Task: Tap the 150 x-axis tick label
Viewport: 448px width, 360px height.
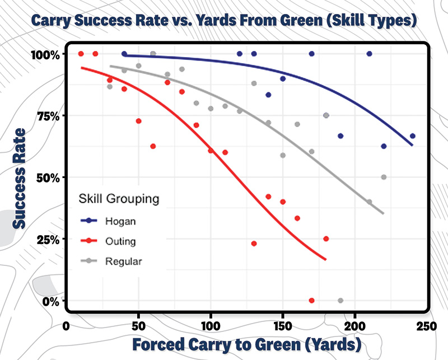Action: [282, 326]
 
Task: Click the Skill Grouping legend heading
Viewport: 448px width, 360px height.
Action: [119, 199]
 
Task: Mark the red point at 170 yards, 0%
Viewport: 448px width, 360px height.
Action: [312, 301]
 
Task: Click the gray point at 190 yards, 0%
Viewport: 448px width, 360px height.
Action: [340, 301]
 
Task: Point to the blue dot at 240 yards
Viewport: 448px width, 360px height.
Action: [413, 136]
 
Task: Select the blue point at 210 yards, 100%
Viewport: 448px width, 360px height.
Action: [370, 54]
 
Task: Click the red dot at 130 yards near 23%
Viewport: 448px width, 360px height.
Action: [254, 244]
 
